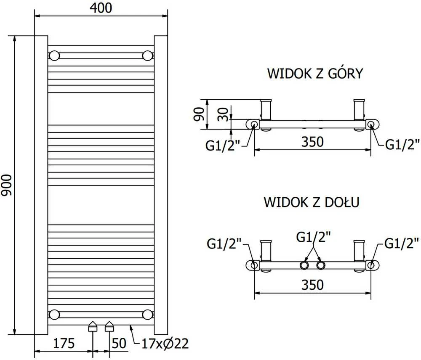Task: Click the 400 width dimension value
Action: [101, 8]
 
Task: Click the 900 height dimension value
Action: [6, 185]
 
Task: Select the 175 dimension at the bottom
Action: [64, 343]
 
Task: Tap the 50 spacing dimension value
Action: [119, 343]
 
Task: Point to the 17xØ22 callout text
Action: [165, 344]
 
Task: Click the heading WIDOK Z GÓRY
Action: [315, 73]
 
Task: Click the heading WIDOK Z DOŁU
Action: [312, 202]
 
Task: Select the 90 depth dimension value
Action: [199, 114]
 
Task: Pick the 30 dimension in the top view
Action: [223, 114]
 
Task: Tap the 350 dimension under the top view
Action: [312, 142]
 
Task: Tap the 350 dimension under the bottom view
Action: [312, 285]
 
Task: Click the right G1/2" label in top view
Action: [402, 144]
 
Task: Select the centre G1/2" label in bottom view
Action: [313, 237]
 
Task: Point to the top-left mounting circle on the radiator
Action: [54, 56]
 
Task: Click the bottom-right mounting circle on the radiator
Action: [147, 315]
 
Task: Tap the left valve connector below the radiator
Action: [93, 326]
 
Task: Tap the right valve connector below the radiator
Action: [109, 326]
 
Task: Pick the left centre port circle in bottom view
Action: [304, 265]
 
